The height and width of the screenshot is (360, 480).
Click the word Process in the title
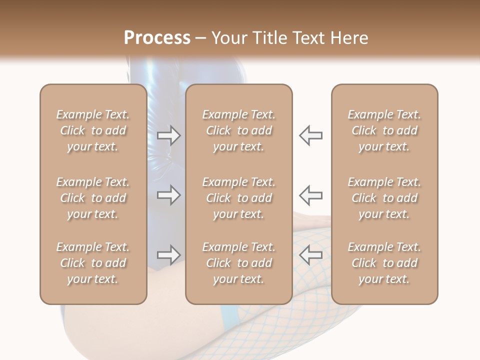(157, 38)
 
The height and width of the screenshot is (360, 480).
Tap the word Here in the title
(349, 38)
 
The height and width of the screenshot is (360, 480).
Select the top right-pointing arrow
(168, 135)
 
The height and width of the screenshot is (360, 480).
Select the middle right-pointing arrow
(168, 194)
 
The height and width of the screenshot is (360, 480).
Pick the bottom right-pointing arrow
(168, 255)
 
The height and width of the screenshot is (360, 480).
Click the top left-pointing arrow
(310, 135)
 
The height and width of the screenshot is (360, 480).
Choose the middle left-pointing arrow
(310, 194)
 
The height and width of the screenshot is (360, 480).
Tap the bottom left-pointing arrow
(310, 255)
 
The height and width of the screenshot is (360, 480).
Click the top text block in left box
(93, 130)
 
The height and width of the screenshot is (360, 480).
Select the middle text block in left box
(93, 198)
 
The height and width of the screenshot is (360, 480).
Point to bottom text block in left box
(93, 263)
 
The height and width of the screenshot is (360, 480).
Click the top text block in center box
(239, 130)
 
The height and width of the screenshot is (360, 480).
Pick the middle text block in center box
(239, 198)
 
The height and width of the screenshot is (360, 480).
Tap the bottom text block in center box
(239, 263)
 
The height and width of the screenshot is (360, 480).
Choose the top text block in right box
(384, 130)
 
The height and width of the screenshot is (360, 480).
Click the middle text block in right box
(384, 198)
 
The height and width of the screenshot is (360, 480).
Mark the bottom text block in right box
(384, 263)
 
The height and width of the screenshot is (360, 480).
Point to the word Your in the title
(227, 38)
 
